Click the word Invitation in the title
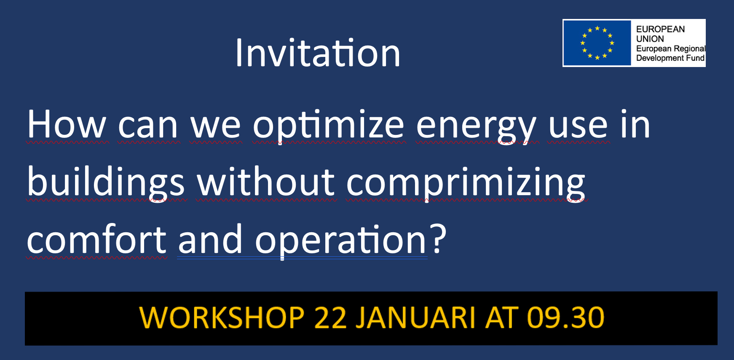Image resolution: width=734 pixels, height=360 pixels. pos(318,53)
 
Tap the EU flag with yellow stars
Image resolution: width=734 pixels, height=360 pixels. pos(597,43)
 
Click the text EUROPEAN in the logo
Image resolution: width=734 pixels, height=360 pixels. pos(660,29)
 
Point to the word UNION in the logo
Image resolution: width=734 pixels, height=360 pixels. pos(650,39)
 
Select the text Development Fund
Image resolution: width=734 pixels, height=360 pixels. pos(670,58)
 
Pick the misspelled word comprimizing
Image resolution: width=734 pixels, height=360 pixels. pos(466,183)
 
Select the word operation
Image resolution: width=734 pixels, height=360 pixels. pos(341,240)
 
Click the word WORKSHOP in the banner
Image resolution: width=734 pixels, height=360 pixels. pos(222,317)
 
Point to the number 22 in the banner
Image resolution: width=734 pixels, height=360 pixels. pos(330,317)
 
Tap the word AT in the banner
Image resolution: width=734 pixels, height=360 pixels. pos(501,317)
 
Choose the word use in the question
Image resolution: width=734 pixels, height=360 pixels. pos(578,125)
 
